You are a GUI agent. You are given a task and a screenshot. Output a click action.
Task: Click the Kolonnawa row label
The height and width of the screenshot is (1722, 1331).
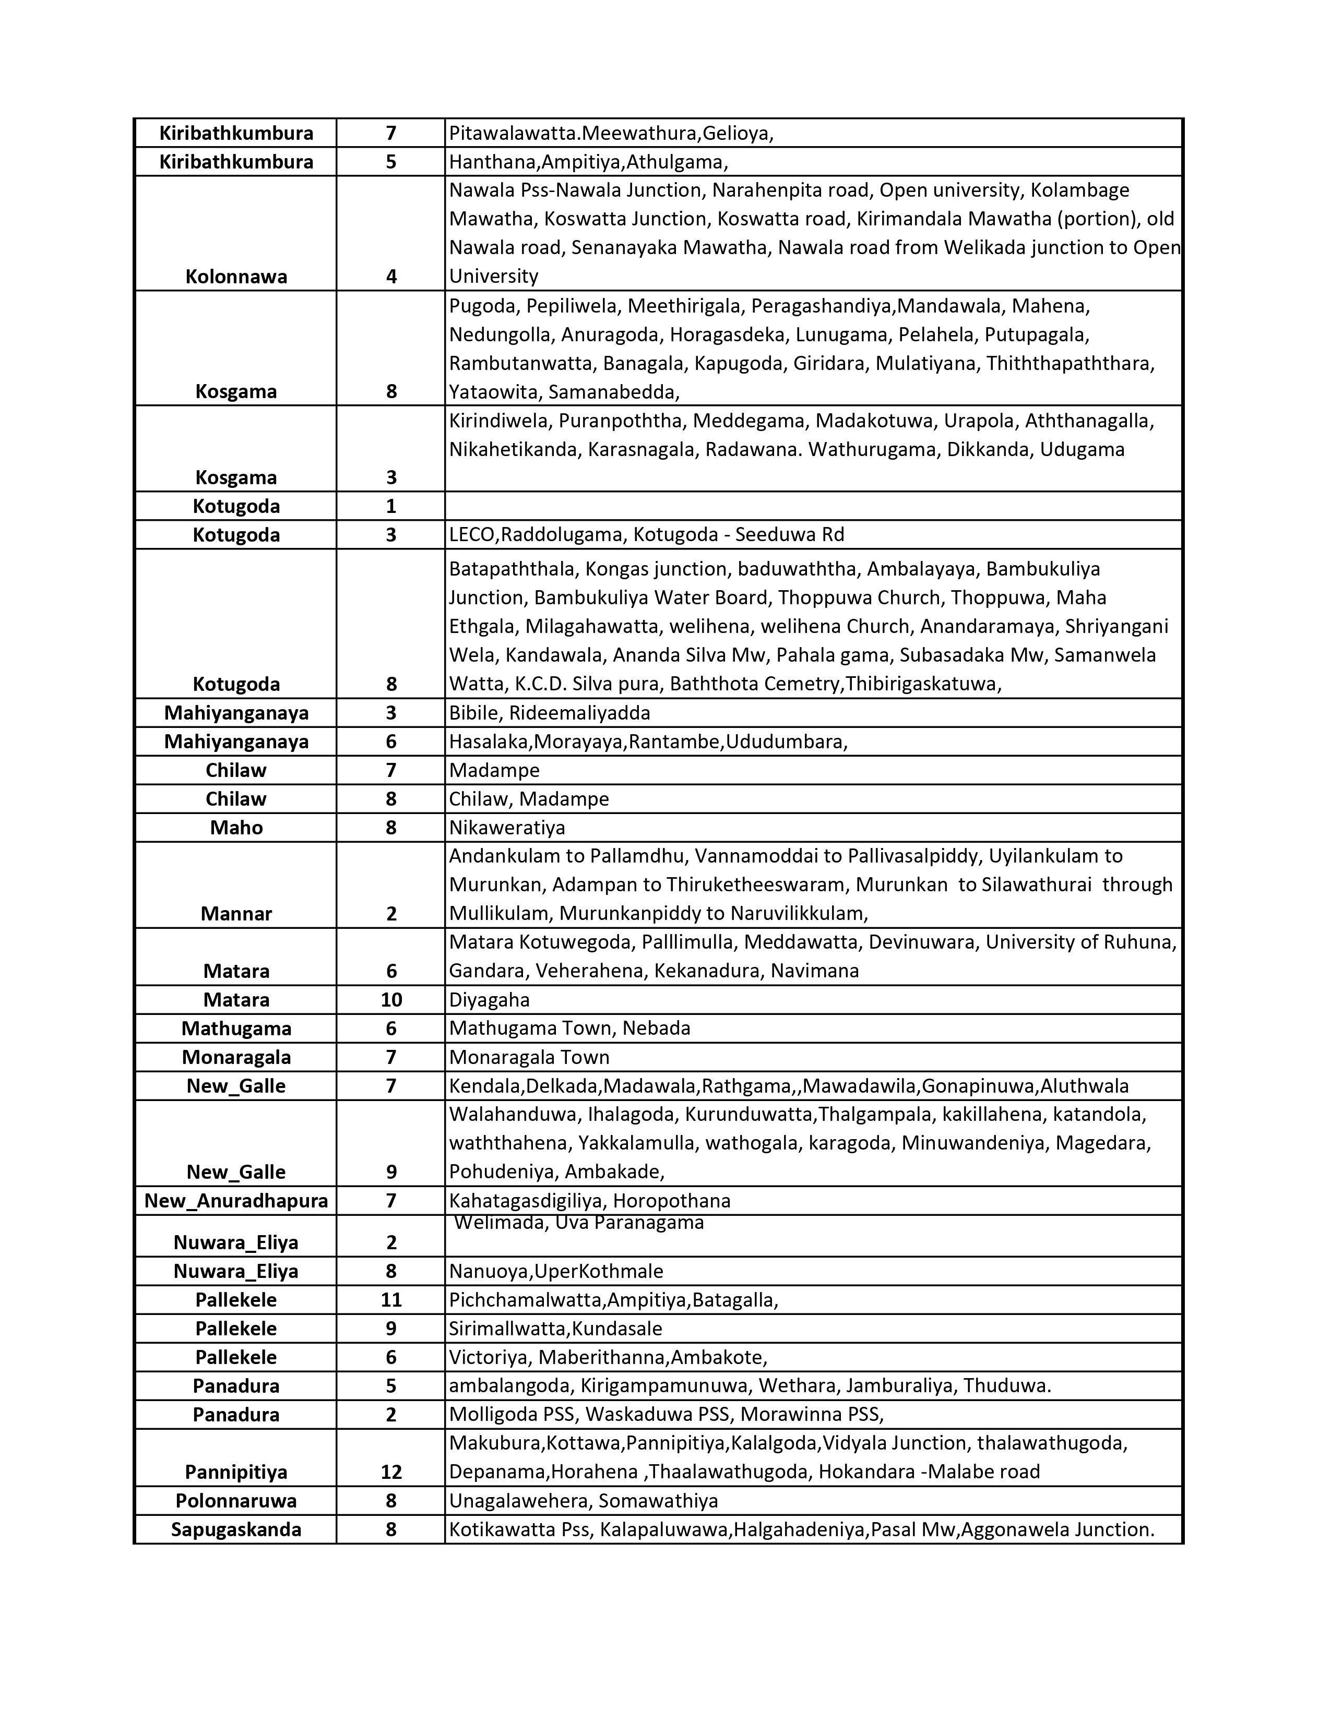tap(236, 277)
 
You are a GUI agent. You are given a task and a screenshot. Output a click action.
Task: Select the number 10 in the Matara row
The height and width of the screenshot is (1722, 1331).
tap(391, 1000)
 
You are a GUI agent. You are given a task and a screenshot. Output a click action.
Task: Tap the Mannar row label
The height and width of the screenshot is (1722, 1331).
tap(236, 914)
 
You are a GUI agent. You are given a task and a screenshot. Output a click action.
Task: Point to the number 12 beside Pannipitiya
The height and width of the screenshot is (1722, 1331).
tap(391, 1472)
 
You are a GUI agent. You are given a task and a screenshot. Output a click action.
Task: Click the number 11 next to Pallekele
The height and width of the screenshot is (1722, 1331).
tap(391, 1300)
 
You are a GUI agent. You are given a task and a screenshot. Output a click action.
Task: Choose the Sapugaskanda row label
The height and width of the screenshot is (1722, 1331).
tap(236, 1529)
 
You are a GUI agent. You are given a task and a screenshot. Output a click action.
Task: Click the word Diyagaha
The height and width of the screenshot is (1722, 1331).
tap(489, 1000)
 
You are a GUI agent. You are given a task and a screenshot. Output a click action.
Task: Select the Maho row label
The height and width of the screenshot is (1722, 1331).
tap(236, 828)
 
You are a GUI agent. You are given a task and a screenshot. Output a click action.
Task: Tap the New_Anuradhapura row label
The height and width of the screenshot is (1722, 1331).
tap(236, 1201)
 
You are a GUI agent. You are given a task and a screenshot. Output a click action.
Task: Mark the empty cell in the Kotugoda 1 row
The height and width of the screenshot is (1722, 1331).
tap(812, 506)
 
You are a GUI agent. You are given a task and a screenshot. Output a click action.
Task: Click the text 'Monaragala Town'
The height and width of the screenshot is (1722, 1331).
tap(529, 1057)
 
